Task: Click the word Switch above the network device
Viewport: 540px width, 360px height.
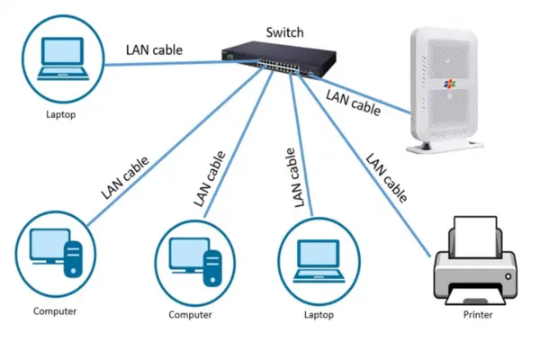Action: (284, 32)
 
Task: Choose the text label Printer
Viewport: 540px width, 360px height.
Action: (477, 315)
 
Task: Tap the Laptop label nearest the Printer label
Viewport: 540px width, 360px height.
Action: (319, 315)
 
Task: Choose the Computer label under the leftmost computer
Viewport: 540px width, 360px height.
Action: (55, 311)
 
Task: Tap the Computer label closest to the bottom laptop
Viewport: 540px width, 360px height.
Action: (190, 315)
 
